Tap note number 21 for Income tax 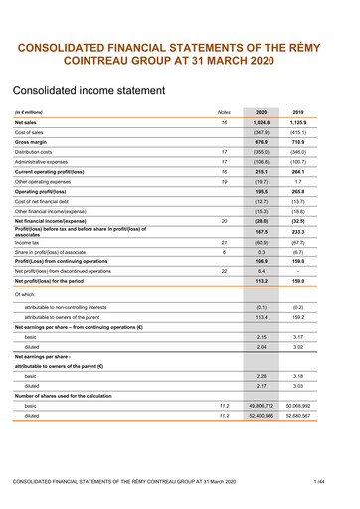[224, 242]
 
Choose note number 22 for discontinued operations [224, 270]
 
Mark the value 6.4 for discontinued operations [262, 270]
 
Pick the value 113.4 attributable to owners [262, 319]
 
